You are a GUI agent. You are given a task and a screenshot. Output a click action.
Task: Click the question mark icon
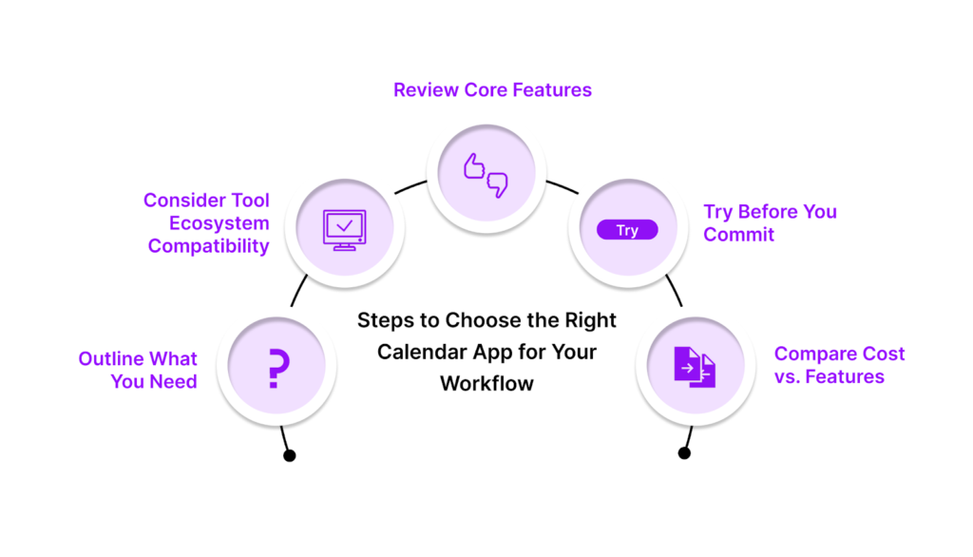[278, 368]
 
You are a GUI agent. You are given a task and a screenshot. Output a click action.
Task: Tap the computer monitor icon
[344, 230]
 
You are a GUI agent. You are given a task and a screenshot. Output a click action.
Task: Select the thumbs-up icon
[474, 166]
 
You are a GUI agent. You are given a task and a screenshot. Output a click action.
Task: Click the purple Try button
[627, 230]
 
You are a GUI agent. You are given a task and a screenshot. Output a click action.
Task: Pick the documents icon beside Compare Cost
[695, 367]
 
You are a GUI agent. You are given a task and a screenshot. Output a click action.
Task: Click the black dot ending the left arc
[289, 456]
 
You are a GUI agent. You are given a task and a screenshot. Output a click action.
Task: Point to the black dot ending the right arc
[684, 453]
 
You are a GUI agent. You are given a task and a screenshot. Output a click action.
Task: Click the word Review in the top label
[427, 90]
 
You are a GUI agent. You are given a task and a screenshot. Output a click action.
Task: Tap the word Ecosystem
[219, 223]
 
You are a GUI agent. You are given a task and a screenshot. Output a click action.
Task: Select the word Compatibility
[208, 246]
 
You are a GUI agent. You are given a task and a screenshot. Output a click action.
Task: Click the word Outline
[112, 359]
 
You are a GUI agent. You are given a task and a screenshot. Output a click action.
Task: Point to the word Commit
[738, 235]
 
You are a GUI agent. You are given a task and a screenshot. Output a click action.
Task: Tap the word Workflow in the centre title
[487, 384]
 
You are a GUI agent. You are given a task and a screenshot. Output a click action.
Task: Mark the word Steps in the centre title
[386, 321]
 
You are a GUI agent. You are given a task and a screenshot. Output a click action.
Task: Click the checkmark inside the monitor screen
[344, 225]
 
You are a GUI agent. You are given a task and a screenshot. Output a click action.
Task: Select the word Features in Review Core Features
[552, 90]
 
